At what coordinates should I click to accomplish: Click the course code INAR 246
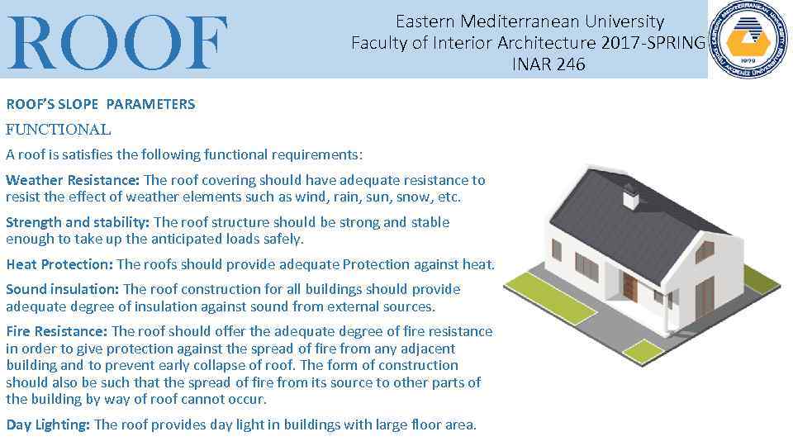pos(548,64)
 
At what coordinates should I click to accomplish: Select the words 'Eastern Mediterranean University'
pos(529,21)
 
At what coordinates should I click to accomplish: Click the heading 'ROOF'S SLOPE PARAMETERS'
pos(101,104)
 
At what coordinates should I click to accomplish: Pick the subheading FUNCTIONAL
pos(58,129)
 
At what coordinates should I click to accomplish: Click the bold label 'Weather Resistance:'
pos(73,180)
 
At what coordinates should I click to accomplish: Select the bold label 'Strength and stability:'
pos(78,222)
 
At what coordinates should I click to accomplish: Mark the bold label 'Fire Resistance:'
pos(57,331)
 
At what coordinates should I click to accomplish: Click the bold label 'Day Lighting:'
pos(49,425)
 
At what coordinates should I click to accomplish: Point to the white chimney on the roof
pos(629,197)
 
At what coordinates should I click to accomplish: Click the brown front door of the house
pos(629,287)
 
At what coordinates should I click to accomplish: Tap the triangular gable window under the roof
pos(705,250)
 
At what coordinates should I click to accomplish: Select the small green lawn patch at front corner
pos(643,351)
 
